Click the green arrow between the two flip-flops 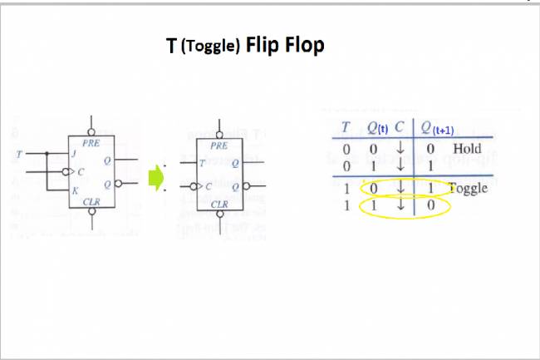tap(154, 177)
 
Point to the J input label tap(75, 153)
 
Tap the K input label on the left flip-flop tap(74, 190)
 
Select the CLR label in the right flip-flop tap(220, 203)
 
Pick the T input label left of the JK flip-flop tap(19, 153)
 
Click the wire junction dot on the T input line tap(47, 153)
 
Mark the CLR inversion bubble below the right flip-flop tap(219, 217)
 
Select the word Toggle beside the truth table tap(467, 188)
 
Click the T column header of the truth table tap(346, 127)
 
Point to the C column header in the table tap(400, 127)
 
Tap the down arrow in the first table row tap(400, 149)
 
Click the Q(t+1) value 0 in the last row tap(430, 205)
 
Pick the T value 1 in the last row tap(346, 205)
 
